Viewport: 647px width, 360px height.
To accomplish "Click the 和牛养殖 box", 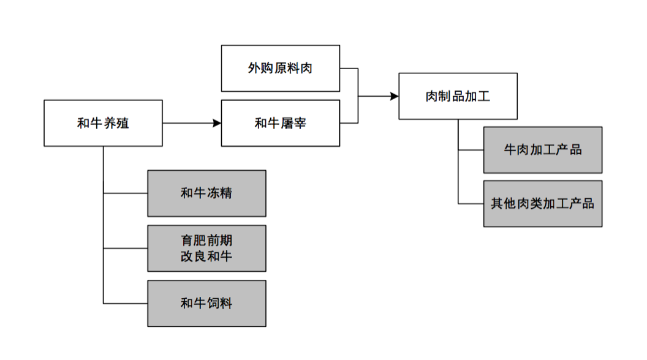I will click(103, 123).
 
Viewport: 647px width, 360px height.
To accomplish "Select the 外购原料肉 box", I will click(280, 68).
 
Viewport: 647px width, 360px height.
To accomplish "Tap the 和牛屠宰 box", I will click(280, 123).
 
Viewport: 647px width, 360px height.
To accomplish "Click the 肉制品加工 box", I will click(458, 96).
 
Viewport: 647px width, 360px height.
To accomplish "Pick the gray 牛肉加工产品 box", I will click(542, 150).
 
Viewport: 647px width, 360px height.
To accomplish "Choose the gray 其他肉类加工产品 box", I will click(542, 203).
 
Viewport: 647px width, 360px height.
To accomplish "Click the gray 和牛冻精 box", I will click(206, 193).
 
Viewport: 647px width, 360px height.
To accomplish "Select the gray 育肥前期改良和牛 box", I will click(206, 248).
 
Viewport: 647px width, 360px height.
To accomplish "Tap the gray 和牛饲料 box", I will click(206, 303).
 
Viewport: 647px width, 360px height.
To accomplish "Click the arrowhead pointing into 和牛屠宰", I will click(216, 123).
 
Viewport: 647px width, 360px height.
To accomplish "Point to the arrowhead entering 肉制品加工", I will click(394, 96).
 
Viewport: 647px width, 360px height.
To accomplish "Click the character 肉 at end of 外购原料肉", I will click(306, 68).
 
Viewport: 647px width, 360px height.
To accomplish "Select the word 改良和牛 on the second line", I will click(206, 256).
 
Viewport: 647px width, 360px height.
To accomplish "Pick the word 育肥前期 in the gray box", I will click(206, 240).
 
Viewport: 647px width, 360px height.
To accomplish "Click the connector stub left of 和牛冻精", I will click(125, 193).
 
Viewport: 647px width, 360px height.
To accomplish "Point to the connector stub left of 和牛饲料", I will click(125, 303).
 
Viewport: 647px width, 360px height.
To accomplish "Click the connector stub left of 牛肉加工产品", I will click(471, 150).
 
